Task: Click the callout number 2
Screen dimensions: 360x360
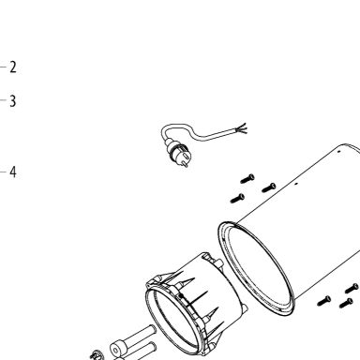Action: pyautogui.click(x=13, y=67)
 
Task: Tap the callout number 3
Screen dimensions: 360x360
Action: pyautogui.click(x=13, y=101)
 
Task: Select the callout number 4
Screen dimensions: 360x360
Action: pyautogui.click(x=13, y=172)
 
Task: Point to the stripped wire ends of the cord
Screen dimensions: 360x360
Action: pyautogui.click(x=241, y=128)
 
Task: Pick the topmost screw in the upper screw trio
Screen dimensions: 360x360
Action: pyautogui.click(x=247, y=179)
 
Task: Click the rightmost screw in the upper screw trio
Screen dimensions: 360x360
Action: pyautogui.click(x=269, y=187)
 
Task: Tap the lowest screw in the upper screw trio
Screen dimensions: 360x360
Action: pyautogui.click(x=237, y=199)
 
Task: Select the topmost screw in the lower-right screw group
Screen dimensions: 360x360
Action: pyautogui.click(x=352, y=288)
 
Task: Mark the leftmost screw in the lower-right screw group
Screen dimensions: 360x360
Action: pyautogui.click(x=323, y=301)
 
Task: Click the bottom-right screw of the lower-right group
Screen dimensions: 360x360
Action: pyautogui.click(x=346, y=303)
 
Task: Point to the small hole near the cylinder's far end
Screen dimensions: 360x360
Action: pyautogui.click(x=339, y=152)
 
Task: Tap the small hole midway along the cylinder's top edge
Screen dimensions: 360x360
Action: pyautogui.click(x=296, y=184)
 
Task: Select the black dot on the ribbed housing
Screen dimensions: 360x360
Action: pyautogui.click(x=181, y=295)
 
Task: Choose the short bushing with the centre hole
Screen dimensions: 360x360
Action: pyautogui.click(x=116, y=350)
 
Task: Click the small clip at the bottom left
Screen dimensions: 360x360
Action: pyautogui.click(x=95, y=355)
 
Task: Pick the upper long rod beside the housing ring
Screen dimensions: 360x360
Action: pyautogui.click(x=138, y=336)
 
